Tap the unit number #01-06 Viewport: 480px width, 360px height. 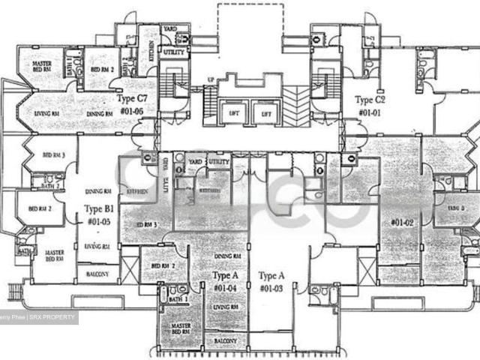click(141, 111)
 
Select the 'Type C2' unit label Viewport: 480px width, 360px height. click(370, 99)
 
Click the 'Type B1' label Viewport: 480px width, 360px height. click(98, 209)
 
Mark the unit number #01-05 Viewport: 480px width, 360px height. click(100, 222)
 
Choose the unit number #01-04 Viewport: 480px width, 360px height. click(226, 288)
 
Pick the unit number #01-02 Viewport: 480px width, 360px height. click(403, 222)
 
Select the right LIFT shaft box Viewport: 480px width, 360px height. click(266, 114)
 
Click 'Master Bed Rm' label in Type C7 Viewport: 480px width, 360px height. click(41, 69)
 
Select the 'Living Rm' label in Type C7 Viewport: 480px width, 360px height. click(45, 113)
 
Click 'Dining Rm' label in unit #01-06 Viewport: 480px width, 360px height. click(99, 114)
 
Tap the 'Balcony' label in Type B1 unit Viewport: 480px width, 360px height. click(97, 274)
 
